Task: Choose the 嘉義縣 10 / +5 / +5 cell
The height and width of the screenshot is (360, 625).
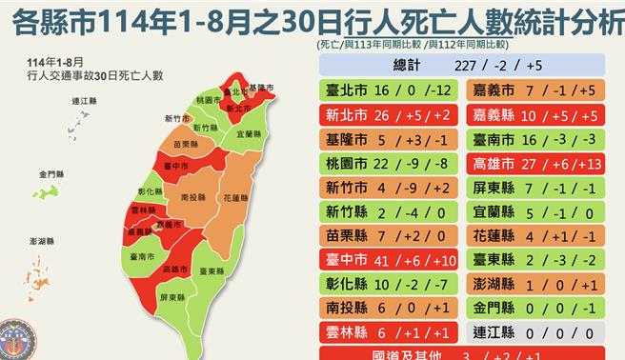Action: tap(534, 115)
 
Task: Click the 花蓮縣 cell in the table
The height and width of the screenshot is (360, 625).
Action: tap(534, 236)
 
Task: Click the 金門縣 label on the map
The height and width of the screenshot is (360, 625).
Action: tap(51, 175)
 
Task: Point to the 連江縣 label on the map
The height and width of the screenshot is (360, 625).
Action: tap(83, 100)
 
